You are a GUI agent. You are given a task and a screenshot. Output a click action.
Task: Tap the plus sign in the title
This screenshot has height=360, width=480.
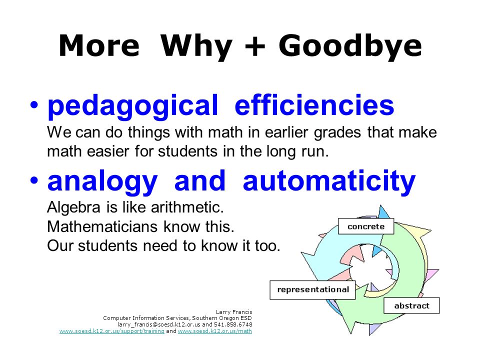[254, 46]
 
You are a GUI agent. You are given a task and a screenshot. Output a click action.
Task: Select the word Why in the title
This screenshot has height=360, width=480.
[196, 46]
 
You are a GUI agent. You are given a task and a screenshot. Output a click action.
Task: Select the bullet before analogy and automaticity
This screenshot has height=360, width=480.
[34, 180]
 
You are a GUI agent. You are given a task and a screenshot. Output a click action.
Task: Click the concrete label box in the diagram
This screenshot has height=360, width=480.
[366, 226]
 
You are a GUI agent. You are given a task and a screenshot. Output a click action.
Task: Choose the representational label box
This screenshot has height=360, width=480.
[312, 290]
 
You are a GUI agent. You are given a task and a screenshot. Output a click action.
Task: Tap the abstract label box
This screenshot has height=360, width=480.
[411, 305]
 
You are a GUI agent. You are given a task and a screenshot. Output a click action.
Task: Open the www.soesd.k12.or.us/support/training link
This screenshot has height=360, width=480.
[111, 331]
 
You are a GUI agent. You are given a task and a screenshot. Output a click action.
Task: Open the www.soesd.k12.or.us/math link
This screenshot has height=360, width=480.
[215, 331]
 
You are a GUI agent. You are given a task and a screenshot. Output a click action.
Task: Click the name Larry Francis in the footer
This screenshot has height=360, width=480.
[234, 312]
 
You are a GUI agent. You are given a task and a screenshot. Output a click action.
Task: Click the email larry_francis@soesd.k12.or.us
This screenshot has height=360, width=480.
[159, 325]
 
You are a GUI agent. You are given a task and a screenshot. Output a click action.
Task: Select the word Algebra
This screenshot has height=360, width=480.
[74, 207]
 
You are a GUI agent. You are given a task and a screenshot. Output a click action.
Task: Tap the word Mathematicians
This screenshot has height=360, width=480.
[103, 227]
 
